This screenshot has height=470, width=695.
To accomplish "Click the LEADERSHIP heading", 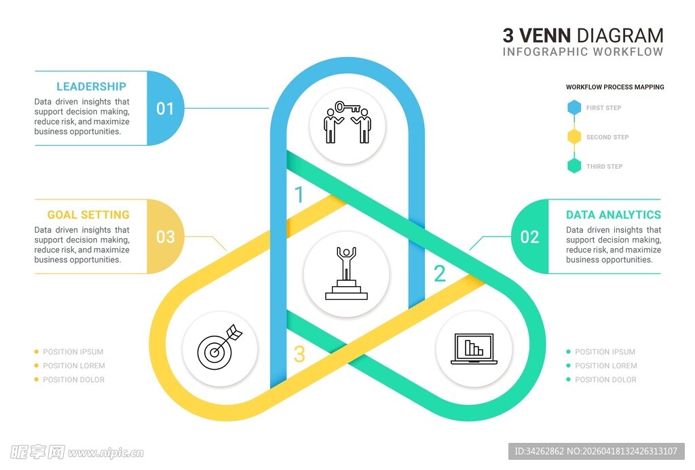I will click(91, 86).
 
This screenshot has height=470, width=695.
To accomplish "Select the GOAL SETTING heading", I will click(88, 214).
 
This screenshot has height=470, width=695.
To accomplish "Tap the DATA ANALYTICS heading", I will click(613, 214).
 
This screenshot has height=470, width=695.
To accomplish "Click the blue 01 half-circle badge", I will click(165, 109).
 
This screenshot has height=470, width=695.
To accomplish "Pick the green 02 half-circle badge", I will click(529, 237).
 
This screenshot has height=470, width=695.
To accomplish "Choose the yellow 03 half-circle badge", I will click(165, 237).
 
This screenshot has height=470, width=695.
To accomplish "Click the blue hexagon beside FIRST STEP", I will click(574, 108).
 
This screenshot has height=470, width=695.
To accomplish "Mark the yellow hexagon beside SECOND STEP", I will click(574, 137).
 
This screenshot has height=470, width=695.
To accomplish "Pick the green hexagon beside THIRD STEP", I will click(574, 166).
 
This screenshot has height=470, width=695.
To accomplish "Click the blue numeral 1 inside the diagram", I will click(299, 195).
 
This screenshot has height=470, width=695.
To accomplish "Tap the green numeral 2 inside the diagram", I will click(440, 273).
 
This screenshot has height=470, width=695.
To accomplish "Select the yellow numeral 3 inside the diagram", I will click(299, 354).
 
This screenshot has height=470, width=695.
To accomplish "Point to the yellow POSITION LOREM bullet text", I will click(74, 366).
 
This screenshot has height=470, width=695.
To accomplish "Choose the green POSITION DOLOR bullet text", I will click(605, 380).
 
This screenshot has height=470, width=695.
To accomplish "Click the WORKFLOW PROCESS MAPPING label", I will click(615, 87).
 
